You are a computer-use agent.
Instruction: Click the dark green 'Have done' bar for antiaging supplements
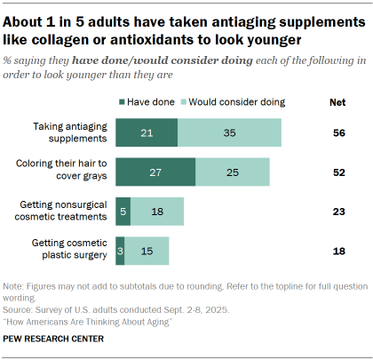[x=146, y=132]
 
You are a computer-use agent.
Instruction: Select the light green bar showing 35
[x=229, y=132]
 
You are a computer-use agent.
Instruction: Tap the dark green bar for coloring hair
[x=155, y=171]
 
